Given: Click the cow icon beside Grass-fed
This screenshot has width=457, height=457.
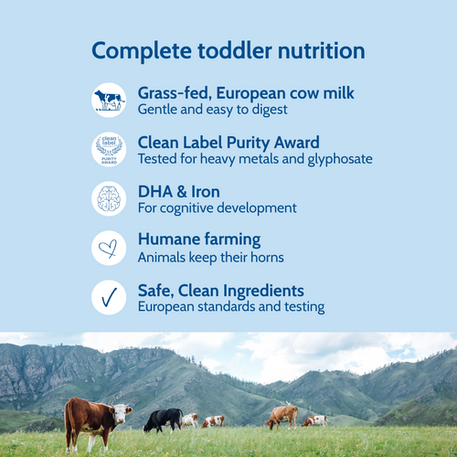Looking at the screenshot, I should click(x=109, y=101).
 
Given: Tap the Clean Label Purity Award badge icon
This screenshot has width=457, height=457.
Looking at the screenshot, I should click(x=109, y=150).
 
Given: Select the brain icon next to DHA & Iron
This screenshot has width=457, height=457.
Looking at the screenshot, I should click(x=109, y=198).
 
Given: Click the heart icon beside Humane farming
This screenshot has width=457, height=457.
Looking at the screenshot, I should click(x=109, y=248).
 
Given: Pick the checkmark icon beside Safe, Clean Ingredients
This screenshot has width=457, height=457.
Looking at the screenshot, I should click(x=109, y=297).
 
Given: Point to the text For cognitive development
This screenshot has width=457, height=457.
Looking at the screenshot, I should click(x=217, y=208).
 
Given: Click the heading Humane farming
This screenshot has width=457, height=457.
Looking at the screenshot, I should click(x=198, y=239).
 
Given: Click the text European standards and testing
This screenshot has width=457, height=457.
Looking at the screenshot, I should click(x=230, y=307).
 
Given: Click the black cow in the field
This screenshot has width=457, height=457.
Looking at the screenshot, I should click(x=163, y=419).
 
